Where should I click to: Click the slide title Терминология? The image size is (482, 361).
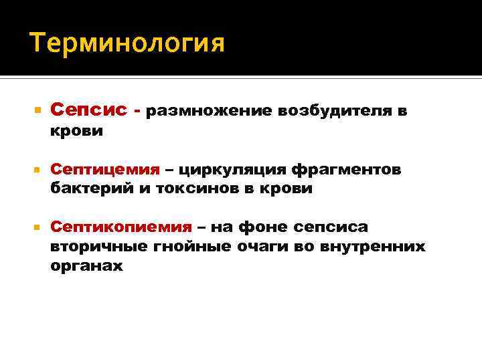tap(127, 45)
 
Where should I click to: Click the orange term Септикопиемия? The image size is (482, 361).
tap(121, 227)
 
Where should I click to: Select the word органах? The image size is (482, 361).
tap(86, 265)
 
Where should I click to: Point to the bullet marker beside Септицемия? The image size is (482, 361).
tap(36, 170)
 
